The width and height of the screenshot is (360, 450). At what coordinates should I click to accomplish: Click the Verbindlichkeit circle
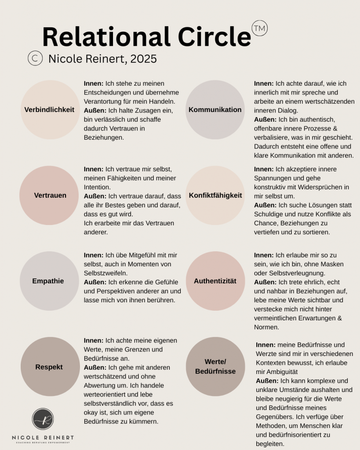[x=50, y=110]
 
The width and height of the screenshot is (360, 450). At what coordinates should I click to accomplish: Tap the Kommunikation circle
[x=215, y=110]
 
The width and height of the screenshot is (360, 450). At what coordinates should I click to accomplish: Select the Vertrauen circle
[x=50, y=196]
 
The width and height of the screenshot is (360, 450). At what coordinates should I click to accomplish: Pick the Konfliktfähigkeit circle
[x=215, y=196]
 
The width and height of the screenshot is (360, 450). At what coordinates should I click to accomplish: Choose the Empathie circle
[x=48, y=281]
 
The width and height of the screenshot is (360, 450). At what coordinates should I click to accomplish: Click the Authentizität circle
[x=215, y=281]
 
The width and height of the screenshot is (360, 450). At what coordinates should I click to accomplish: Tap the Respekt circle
[x=49, y=367]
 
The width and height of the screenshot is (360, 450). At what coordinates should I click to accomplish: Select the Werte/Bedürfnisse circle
[x=215, y=367]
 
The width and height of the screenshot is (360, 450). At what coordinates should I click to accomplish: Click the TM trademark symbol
[x=260, y=28]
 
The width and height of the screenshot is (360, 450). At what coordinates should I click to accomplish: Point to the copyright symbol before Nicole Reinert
[x=35, y=58]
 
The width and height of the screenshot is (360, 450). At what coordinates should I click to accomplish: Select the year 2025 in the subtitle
[x=143, y=59]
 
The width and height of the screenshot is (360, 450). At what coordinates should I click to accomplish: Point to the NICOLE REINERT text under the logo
[x=43, y=438]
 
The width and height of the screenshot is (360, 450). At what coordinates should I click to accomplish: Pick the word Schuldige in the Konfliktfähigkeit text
[x=269, y=214]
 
